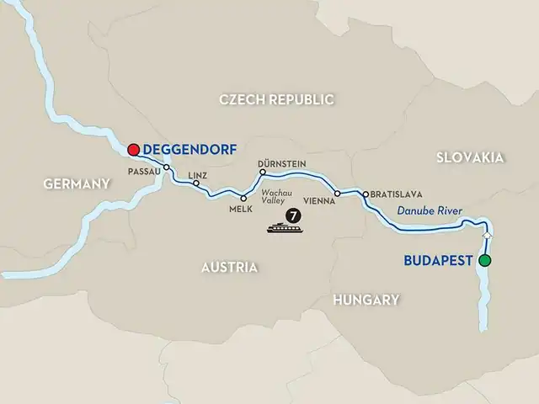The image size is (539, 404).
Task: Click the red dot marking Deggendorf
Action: click(133, 150)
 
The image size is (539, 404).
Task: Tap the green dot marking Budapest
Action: click(484, 261)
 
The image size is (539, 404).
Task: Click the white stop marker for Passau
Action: click(167, 167)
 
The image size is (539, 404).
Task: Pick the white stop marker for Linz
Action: click(196, 183)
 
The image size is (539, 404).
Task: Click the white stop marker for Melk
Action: click(244, 198)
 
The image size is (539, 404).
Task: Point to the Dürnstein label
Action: click(281, 163)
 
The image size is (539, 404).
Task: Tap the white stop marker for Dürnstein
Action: click(262, 173)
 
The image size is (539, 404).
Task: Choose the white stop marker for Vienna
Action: click(338, 194)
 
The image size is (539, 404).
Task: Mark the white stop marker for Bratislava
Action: click(364, 194)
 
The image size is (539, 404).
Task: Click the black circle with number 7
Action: click(292, 214)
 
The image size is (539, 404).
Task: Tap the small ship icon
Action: click(280, 226)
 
